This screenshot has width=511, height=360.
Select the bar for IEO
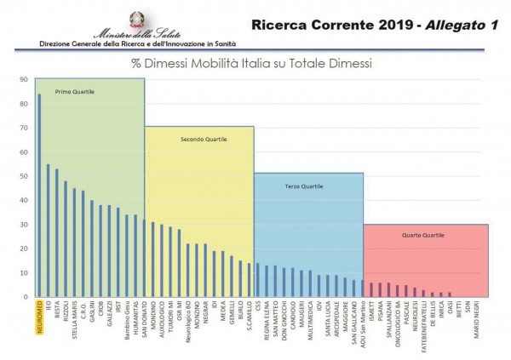coord(48,230)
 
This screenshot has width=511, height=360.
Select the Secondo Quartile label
coord(199,139)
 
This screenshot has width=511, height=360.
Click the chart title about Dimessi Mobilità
coord(251,63)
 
